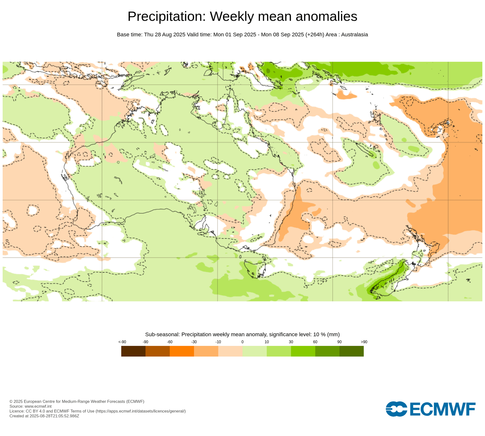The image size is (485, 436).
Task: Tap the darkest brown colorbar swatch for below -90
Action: pos(133,351)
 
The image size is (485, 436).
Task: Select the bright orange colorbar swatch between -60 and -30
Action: pos(182,351)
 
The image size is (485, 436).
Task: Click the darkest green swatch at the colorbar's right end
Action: pos(351,351)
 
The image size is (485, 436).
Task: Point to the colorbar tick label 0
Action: pos(242,342)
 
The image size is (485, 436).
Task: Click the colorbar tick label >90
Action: pos(364,342)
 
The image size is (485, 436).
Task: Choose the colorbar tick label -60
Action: pos(169,342)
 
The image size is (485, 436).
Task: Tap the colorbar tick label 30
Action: pos(291,342)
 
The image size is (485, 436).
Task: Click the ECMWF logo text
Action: pos(442,409)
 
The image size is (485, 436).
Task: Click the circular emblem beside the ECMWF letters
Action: pos(396,409)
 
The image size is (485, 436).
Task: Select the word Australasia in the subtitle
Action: pos(354,35)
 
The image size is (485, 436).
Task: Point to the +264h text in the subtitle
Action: pos(315,35)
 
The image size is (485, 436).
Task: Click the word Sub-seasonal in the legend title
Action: pos(162,334)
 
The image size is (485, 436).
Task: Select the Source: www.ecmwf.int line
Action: pos(30,406)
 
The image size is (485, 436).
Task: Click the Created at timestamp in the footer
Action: pos(44,416)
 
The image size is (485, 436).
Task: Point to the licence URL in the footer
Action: pos(140,411)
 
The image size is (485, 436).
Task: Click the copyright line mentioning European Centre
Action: pos(77,401)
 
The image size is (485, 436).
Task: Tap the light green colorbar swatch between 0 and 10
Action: pos(254,351)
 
